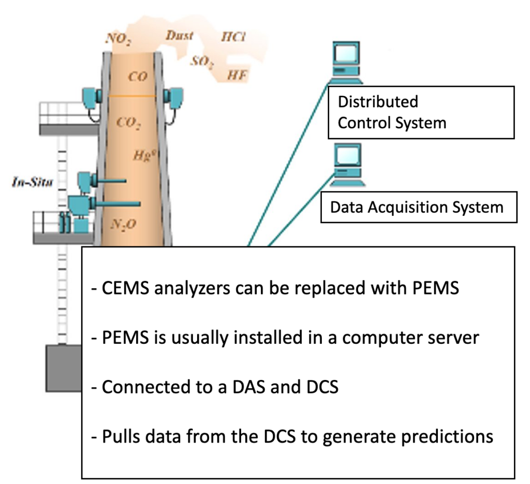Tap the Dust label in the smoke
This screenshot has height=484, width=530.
[x=179, y=36]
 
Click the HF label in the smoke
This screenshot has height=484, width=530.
[x=238, y=76]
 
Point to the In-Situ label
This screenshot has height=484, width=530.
[x=32, y=182]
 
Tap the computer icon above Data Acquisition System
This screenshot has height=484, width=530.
[x=346, y=165]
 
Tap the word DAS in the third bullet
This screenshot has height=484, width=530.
[x=243, y=387]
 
